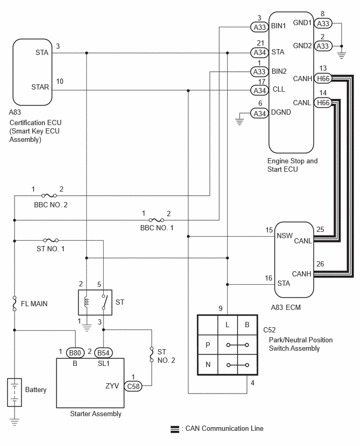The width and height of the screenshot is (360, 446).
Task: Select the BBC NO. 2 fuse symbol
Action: pyautogui.click(x=49, y=195)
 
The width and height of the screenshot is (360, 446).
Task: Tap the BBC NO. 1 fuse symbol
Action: pyautogui.click(x=156, y=220)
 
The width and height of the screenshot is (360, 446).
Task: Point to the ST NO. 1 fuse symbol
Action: pyautogui.click(x=51, y=240)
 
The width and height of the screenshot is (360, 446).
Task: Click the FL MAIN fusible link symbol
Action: pyautogui.click(x=15, y=304)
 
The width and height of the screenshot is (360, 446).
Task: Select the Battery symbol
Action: pyautogui.click(x=15, y=392)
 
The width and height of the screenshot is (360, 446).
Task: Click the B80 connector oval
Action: pyautogui.click(x=75, y=353)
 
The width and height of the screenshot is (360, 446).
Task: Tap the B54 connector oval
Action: pyautogui.click(x=103, y=353)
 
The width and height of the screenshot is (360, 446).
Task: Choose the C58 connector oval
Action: pyautogui.click(x=133, y=386)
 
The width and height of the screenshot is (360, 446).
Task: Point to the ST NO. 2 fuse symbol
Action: pyautogui.click(x=152, y=354)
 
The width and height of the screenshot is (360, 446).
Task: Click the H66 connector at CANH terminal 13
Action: pyautogui.click(x=323, y=79)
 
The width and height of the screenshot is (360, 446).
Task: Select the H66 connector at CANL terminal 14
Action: pyautogui.click(x=323, y=103)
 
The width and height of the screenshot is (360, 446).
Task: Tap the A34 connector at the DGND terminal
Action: pyautogui.click(x=260, y=114)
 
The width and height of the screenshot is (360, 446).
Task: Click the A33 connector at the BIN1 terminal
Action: pyautogui.click(x=260, y=27)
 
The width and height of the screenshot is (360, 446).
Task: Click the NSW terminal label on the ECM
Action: pyautogui.click(x=285, y=236)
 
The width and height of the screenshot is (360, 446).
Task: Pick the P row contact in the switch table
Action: pyautogui.click(x=238, y=345)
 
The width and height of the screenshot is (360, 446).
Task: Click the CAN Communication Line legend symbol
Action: pyautogui.click(x=175, y=429)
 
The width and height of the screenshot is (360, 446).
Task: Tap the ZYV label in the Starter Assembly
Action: pyautogui.click(x=112, y=386)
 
